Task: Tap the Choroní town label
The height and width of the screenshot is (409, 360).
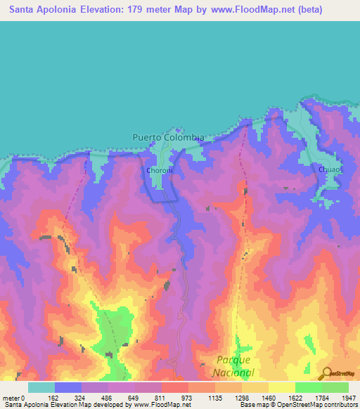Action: [x=155, y=170]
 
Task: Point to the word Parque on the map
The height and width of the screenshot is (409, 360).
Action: [x=234, y=361]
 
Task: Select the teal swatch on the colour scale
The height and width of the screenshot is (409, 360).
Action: [x=41, y=387]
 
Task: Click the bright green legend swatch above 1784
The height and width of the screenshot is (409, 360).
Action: [x=308, y=387]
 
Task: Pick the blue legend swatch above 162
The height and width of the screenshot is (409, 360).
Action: [x=68, y=387]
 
